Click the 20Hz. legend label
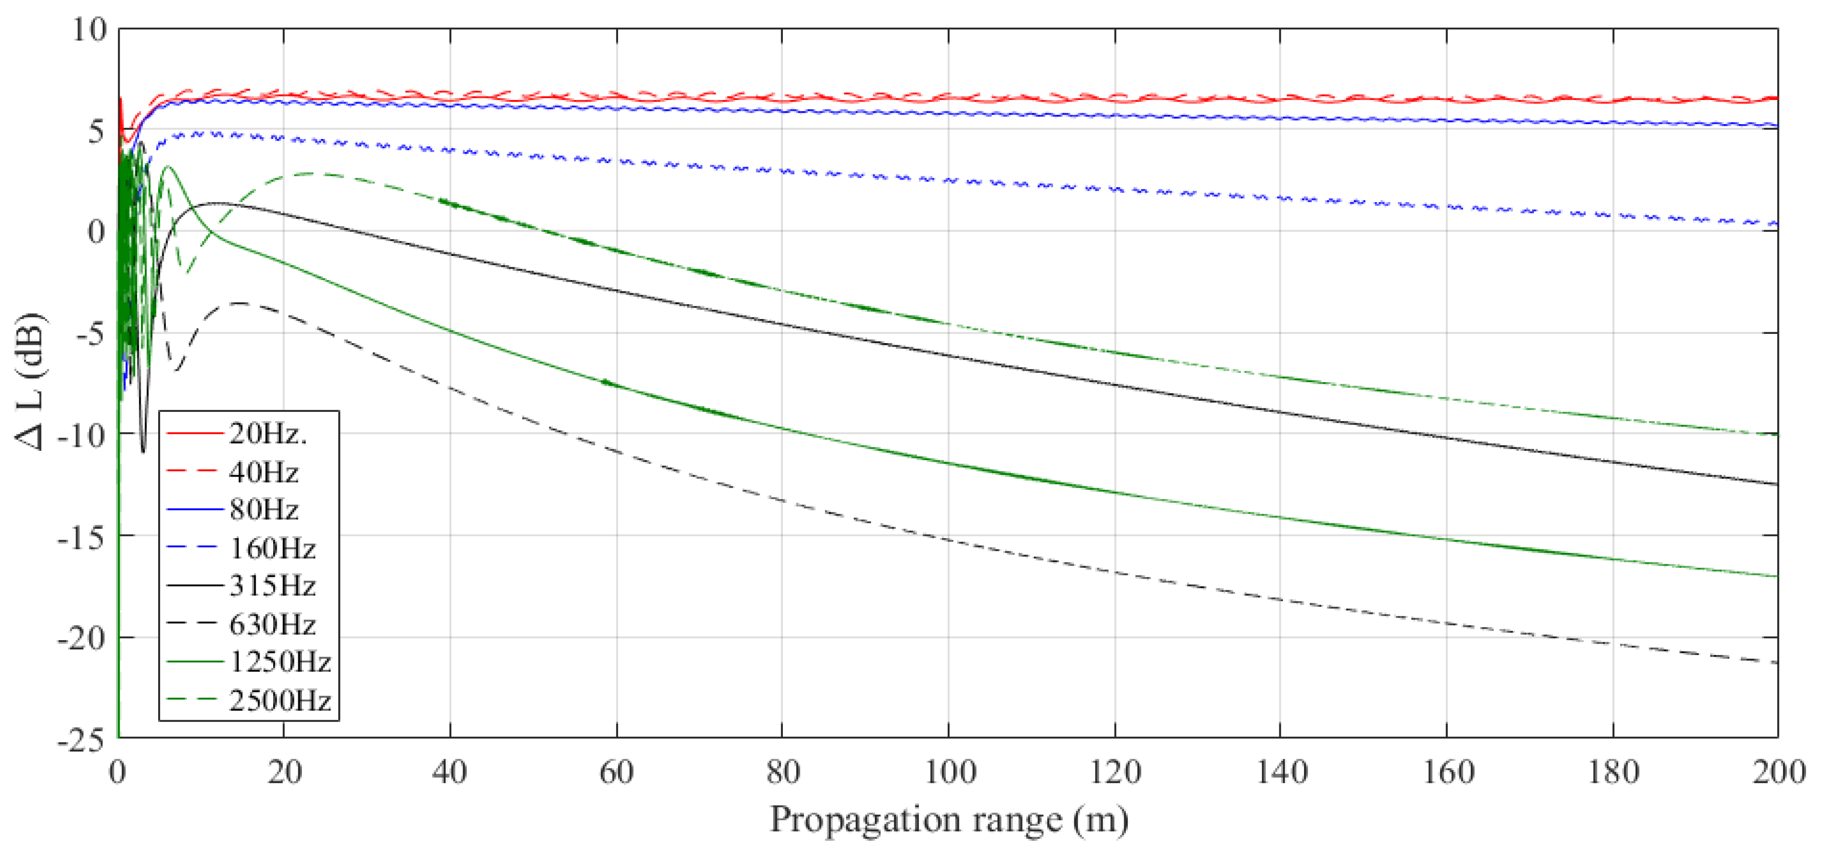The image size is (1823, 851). coord(267,433)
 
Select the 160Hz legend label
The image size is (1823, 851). coord(272,547)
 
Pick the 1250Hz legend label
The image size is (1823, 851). coord(280,662)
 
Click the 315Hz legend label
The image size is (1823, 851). coord(272,586)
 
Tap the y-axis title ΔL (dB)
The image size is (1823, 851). coord(30,382)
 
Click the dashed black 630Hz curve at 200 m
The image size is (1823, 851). coord(1775,662)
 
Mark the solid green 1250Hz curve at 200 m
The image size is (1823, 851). coord(1775,576)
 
